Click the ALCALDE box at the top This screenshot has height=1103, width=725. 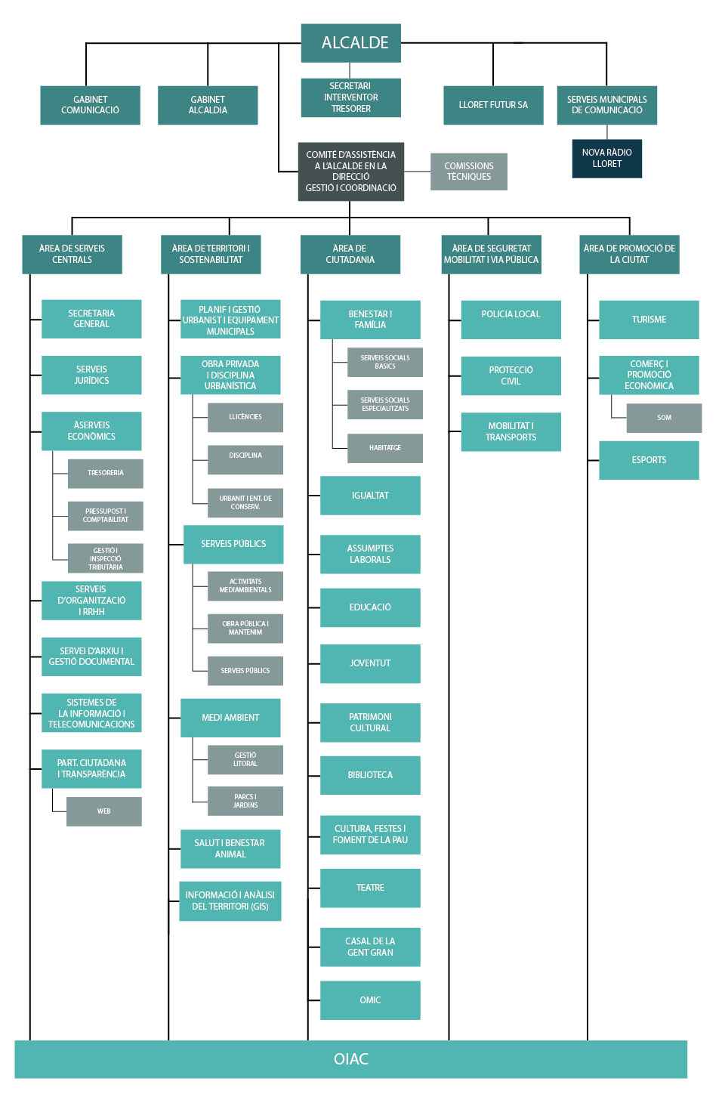[350, 43]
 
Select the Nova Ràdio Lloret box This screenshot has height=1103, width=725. [607, 158]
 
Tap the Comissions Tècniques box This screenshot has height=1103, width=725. [468, 171]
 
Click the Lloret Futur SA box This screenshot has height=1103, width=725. [493, 105]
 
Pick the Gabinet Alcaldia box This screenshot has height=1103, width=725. [208, 105]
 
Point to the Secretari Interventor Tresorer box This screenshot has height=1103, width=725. [350, 97]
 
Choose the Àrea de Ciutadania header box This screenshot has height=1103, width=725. [350, 254]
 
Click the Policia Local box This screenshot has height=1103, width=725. [511, 320]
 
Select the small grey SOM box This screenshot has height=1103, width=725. [664, 418]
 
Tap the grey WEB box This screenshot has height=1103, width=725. [104, 811]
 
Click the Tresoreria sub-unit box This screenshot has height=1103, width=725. [105, 474]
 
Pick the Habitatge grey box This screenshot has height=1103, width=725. [385, 448]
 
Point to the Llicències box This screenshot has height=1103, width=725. [245, 418]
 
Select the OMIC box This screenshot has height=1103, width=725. [370, 1000]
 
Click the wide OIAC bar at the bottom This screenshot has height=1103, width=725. [351, 1059]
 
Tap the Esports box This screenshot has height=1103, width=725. [649, 460]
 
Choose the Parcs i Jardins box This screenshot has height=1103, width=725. [245, 801]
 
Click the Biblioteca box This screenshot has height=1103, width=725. [370, 775]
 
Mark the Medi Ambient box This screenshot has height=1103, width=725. [230, 718]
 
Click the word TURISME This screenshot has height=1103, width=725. [649, 320]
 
